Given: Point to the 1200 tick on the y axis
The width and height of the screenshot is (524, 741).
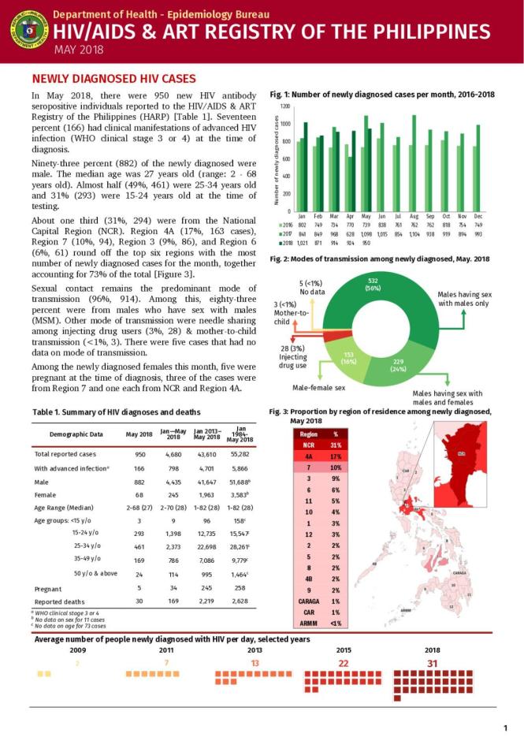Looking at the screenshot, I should coord(285,106).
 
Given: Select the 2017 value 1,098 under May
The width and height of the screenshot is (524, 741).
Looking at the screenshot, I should coord(366,234).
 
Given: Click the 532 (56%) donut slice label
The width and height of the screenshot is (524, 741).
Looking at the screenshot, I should coord(372,285).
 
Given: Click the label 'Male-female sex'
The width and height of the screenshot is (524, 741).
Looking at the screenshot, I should coord(318,388).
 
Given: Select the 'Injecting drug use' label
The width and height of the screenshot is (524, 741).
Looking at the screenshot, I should coord(293,356).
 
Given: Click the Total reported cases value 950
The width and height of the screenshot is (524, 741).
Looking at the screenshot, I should coord(140,455).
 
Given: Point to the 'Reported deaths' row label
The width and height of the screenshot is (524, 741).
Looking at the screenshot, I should coord(61,601).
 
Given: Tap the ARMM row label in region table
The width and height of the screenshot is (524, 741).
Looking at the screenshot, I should coord(309,624).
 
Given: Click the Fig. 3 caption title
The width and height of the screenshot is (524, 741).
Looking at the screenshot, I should coord(380,416).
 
